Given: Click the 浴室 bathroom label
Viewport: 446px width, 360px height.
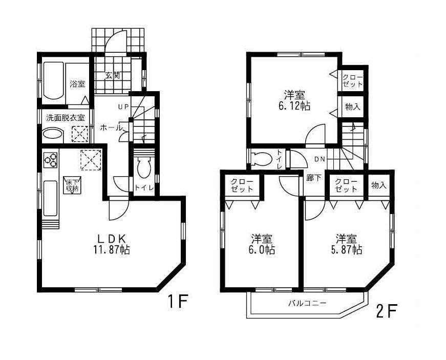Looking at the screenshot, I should [x=77, y=84].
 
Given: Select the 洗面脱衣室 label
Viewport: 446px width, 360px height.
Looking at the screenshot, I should [x=66, y=117].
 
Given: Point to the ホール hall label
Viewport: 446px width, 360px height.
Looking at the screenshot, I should [x=110, y=127].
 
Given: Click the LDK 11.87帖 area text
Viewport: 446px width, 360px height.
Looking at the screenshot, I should [x=113, y=244].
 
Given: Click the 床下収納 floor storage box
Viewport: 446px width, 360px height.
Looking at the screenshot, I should [x=71, y=184].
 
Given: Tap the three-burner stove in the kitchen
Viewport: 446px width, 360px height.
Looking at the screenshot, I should [x=50, y=161].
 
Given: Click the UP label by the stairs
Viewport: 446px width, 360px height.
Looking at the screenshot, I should [x=123, y=107].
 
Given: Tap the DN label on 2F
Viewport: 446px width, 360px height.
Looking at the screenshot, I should [x=319, y=159].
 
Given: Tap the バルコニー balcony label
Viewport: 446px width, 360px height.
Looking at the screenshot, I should [x=306, y=303].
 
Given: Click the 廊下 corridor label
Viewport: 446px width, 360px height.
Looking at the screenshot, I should [x=313, y=180].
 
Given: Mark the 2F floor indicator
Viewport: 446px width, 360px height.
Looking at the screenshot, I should [x=387, y=310].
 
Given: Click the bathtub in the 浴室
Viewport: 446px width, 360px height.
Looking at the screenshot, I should [x=52, y=80].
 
